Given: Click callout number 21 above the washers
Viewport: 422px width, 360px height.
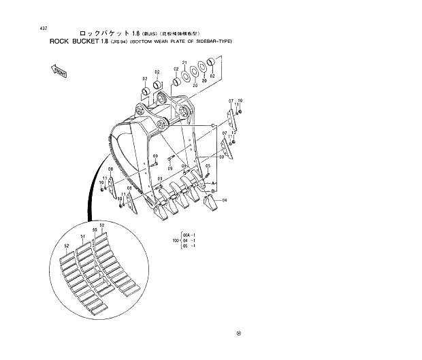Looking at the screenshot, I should (184, 63).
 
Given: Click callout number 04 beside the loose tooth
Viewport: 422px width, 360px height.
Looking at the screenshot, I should (224, 199).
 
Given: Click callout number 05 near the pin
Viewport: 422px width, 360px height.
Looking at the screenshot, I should (208, 165).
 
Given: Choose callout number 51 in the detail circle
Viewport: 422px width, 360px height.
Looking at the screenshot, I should (84, 236).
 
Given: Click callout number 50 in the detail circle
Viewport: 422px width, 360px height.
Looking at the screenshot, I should (95, 231).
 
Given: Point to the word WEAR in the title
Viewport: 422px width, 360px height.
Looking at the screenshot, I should (159, 42).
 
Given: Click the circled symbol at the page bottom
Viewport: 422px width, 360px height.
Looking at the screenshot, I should (238, 333).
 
